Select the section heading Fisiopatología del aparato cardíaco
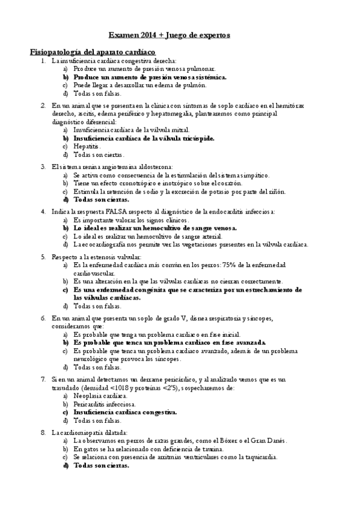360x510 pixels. (93, 52)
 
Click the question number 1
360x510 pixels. (43, 61)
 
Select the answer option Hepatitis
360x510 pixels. (87, 146)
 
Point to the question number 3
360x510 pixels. (43, 166)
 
